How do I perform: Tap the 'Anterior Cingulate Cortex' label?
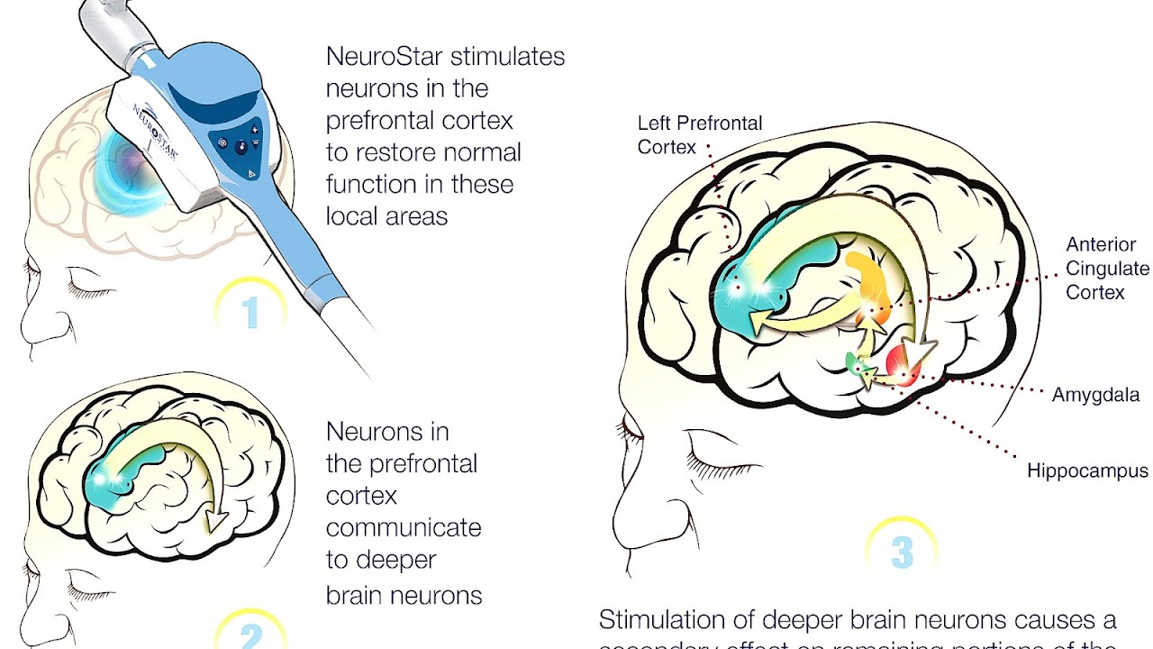1107,268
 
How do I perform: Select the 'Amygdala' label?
1095,395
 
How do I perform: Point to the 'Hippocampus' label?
1087,471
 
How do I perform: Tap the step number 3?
902,553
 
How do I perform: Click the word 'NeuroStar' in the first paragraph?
385,56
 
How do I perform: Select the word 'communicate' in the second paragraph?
404,527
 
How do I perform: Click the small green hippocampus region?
855,362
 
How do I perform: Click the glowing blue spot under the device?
135,167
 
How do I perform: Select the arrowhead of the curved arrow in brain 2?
215,521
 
